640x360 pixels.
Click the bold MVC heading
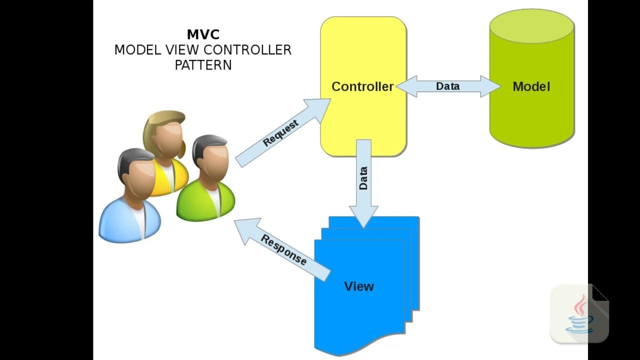coord(203,34)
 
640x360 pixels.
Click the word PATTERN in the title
coord(203,65)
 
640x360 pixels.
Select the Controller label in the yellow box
coord(362,86)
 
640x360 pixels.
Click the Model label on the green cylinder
coord(531,86)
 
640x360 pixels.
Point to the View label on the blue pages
coord(359,286)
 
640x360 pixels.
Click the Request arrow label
coord(280,133)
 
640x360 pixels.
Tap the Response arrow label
coord(283,249)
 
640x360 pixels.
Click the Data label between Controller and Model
coord(447,86)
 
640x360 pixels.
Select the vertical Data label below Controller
coord(363,178)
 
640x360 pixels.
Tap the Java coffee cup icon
coord(580,315)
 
